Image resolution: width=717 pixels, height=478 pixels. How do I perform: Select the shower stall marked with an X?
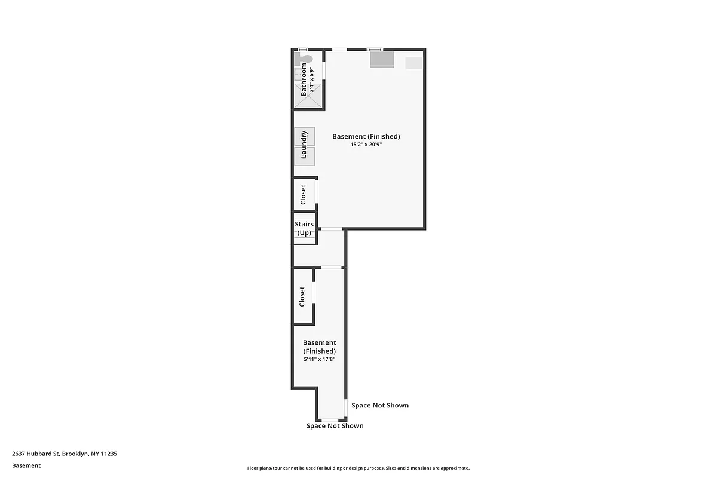click(x=308, y=100)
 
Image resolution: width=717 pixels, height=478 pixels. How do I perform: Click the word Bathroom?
click(x=304, y=80)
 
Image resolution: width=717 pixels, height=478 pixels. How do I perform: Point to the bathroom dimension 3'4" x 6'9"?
click(x=311, y=80)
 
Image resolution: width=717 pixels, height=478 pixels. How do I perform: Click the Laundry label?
click(x=304, y=145)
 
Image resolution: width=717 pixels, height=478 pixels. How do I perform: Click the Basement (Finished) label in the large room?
click(x=366, y=136)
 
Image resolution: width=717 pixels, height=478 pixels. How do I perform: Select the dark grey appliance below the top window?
click(x=382, y=60)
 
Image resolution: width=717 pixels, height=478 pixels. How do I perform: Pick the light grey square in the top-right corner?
click(x=414, y=63)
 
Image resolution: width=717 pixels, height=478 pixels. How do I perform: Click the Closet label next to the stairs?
click(x=304, y=194)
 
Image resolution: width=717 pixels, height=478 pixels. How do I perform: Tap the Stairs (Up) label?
click(x=304, y=228)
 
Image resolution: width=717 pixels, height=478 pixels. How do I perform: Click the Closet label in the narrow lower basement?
click(x=302, y=296)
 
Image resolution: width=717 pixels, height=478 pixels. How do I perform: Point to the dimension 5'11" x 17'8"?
click(x=319, y=359)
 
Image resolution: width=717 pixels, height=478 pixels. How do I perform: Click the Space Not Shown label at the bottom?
click(x=335, y=426)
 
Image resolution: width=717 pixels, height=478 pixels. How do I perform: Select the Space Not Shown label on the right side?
click(x=380, y=405)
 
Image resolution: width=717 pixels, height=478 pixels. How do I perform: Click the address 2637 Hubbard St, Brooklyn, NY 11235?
click(x=65, y=454)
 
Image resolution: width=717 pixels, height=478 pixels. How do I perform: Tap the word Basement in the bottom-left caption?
click(x=26, y=465)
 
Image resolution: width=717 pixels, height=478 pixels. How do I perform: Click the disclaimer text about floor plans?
click(x=358, y=468)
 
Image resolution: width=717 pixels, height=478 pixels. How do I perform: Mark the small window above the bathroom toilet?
click(x=303, y=49)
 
